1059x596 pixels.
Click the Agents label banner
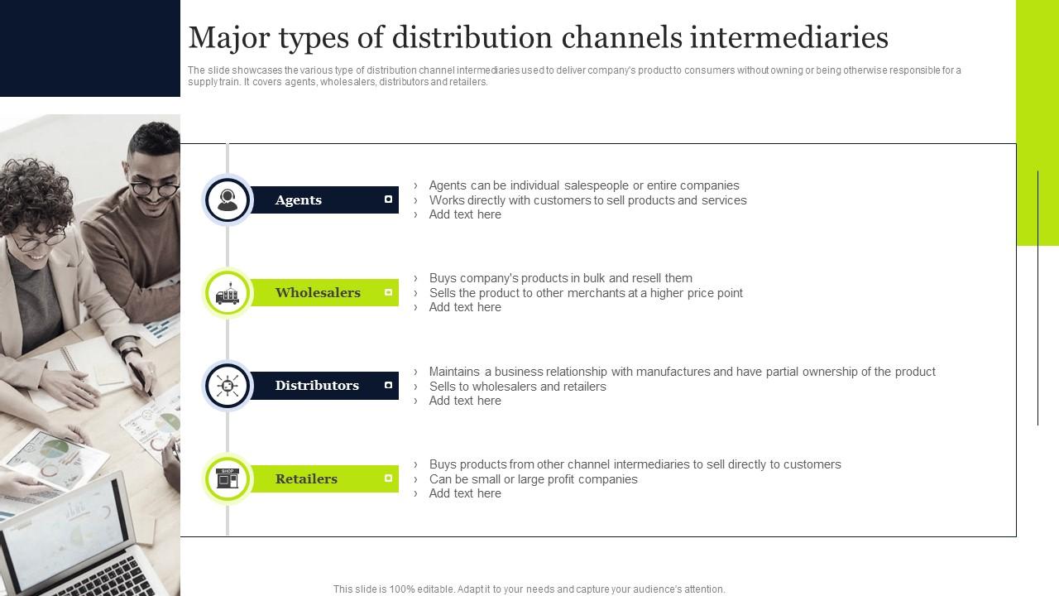(x=323, y=199)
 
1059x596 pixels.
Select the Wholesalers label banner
(x=323, y=292)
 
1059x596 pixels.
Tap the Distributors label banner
(x=323, y=386)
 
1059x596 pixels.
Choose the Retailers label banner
(x=323, y=478)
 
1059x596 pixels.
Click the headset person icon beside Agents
(x=228, y=199)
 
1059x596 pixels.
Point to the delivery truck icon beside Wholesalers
(x=228, y=293)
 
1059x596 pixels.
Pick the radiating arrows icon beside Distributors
(x=228, y=386)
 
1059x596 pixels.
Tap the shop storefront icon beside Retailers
(x=228, y=478)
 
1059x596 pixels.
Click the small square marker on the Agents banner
(x=388, y=199)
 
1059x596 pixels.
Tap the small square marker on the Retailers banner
(x=388, y=478)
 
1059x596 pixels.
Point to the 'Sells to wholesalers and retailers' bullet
(x=517, y=387)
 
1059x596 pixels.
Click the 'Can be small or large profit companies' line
(x=533, y=479)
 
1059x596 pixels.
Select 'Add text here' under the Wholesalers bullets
(x=465, y=307)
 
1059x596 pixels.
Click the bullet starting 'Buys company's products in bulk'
(x=560, y=278)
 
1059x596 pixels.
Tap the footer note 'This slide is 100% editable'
(x=529, y=589)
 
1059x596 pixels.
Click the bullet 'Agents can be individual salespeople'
(x=583, y=185)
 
